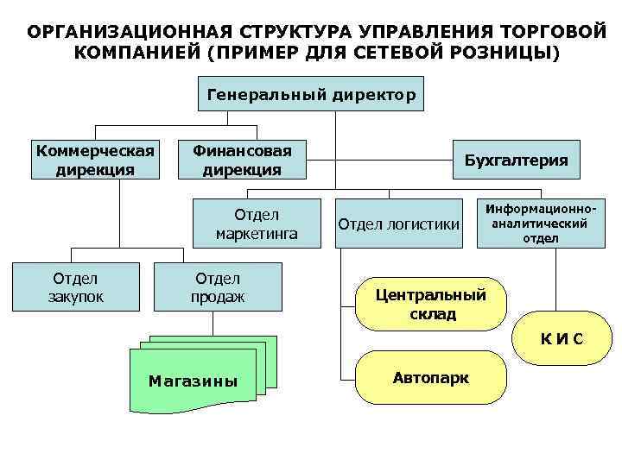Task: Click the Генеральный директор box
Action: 312,92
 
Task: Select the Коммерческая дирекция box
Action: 95,160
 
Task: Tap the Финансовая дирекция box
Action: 242,160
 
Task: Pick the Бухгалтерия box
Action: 517,160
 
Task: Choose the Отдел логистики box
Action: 398,224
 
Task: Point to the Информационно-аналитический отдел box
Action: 541,223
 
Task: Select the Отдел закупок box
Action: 76,287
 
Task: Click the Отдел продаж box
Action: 218,287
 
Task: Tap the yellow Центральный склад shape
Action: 430,305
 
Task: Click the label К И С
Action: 562,338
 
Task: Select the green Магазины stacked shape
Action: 194,381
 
